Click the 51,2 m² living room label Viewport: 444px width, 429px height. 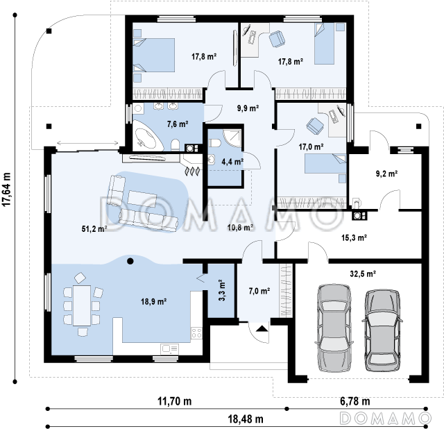coord(94,228)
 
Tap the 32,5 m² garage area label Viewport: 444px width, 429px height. coord(363,274)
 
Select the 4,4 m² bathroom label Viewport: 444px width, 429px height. coord(232,162)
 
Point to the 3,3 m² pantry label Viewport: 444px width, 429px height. coord(222,290)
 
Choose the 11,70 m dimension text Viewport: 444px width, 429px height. coord(174,401)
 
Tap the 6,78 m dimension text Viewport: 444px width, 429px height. coord(355,401)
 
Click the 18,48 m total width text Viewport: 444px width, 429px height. coord(246,419)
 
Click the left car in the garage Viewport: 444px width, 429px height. coord(334,328)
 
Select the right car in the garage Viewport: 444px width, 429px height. coord(382,330)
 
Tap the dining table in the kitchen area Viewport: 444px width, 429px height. coord(82,305)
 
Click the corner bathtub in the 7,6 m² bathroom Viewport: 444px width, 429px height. coord(148,136)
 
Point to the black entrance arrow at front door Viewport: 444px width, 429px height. coord(262,328)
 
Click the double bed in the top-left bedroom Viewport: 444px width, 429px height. coord(153,55)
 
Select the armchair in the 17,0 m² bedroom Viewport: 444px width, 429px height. coord(315,125)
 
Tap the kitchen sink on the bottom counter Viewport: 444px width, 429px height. coord(169,348)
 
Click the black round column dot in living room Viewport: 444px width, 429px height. coord(130,261)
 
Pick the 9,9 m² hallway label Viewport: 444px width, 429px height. coord(248,108)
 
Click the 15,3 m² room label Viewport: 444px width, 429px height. coord(354,237)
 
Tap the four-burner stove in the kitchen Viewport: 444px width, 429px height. coord(196,333)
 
